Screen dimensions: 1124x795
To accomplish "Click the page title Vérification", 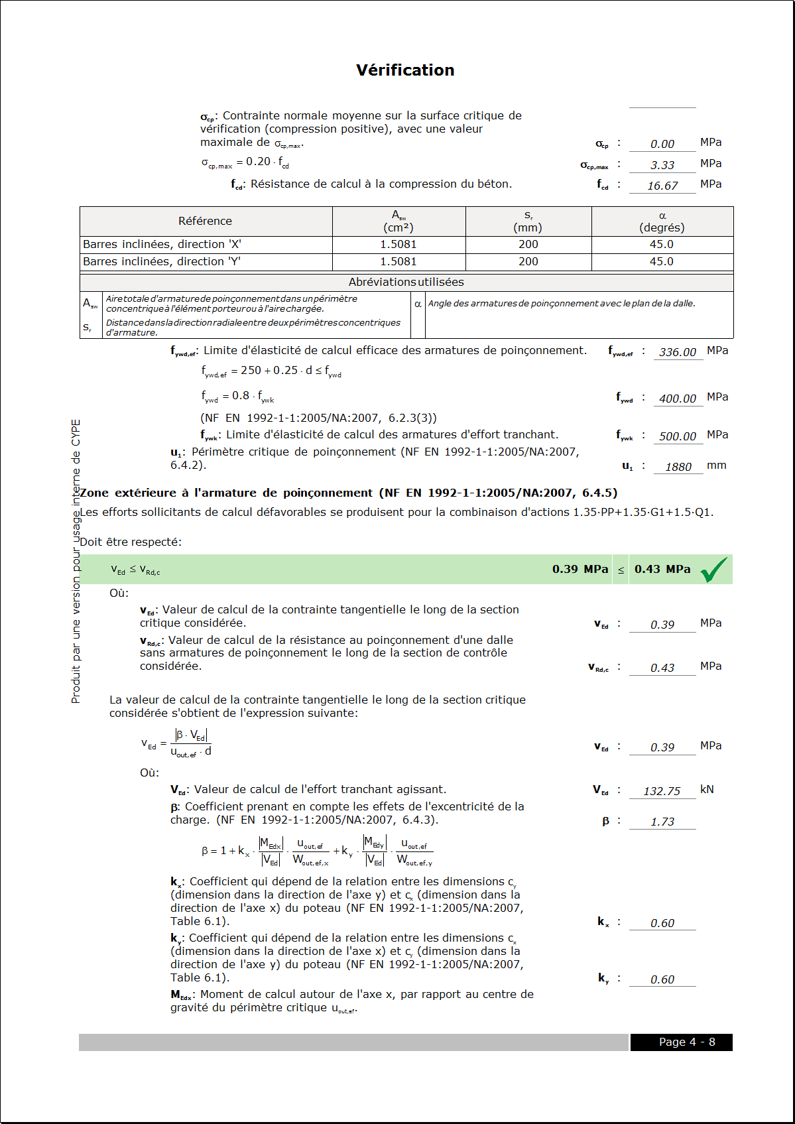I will (x=405, y=70).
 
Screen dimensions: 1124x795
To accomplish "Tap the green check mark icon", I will (x=713, y=570).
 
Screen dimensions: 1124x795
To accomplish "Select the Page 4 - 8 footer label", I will (x=686, y=1042).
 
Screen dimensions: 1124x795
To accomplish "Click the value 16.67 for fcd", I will (x=662, y=186).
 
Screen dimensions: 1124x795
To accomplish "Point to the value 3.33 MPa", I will (x=662, y=165).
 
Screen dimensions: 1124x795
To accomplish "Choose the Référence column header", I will (x=205, y=221).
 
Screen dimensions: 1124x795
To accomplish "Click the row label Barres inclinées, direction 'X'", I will (x=162, y=244).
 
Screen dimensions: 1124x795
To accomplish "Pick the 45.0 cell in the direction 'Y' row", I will (x=661, y=261).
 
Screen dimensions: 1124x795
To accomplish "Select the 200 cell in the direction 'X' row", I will (x=528, y=244).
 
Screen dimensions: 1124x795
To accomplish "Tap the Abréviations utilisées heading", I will (x=406, y=282).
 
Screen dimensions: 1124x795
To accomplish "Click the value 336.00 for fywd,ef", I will (x=677, y=352).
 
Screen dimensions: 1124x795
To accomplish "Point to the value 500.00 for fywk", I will (x=677, y=436).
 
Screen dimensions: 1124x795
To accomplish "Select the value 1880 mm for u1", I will (x=678, y=467).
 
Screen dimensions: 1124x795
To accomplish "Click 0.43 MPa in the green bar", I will (x=662, y=569).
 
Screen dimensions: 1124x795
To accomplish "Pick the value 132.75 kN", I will (x=662, y=791).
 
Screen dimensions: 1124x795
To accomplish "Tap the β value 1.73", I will (x=662, y=822).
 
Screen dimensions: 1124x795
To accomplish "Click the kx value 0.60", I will (x=662, y=923).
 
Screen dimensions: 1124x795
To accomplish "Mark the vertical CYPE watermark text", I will (x=76, y=561).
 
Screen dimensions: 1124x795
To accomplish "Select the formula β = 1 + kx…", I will (x=317, y=851).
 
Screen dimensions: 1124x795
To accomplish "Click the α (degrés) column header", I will (x=662, y=221).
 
